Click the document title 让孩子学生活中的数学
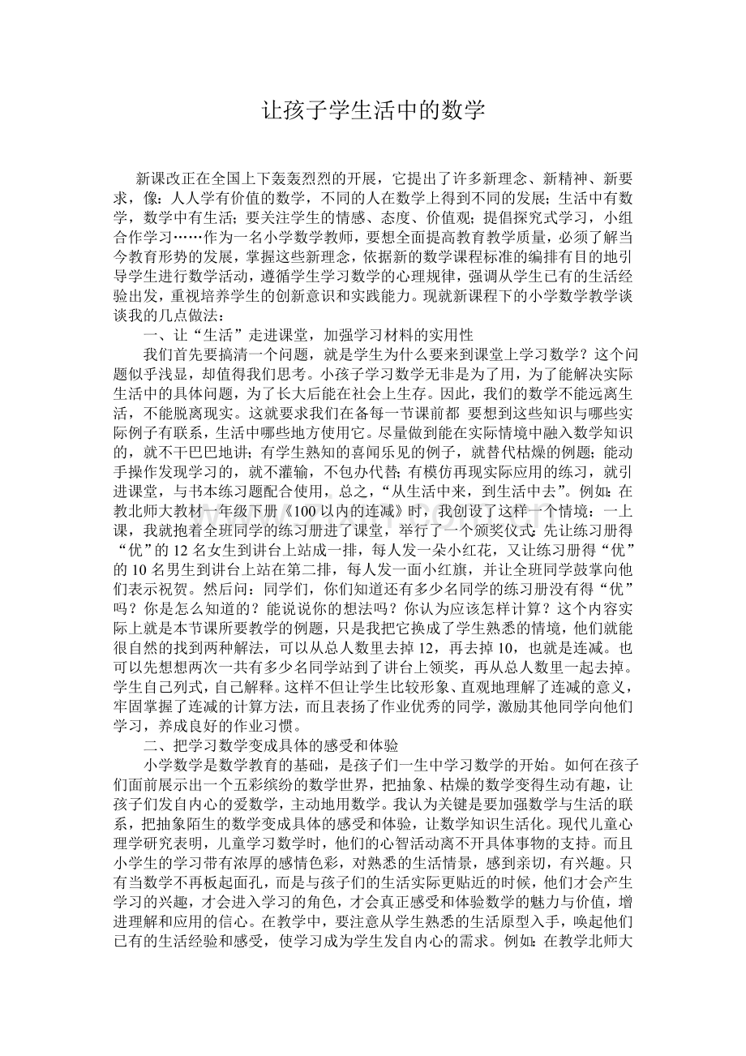click(373, 111)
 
